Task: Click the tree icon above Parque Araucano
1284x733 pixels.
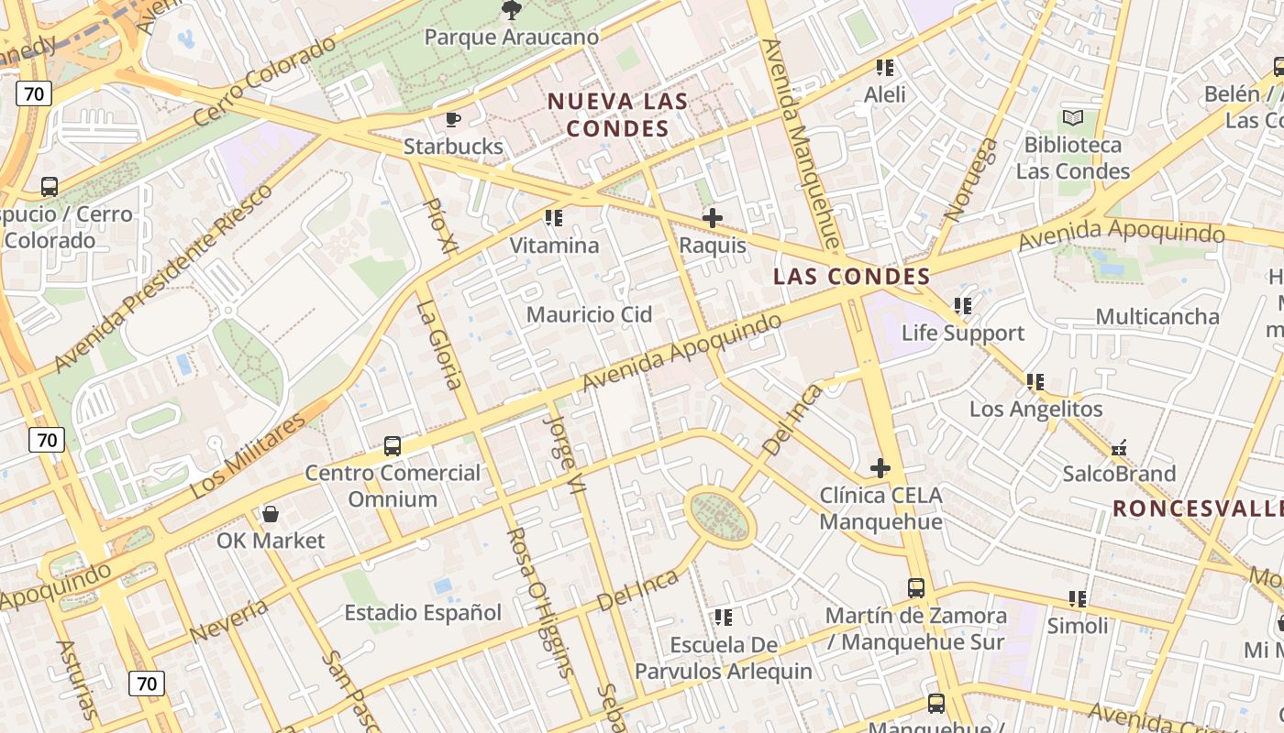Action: pyautogui.click(x=511, y=10)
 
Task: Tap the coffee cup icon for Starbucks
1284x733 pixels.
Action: pyautogui.click(x=452, y=119)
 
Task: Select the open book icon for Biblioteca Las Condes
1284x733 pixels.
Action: pyautogui.click(x=1072, y=117)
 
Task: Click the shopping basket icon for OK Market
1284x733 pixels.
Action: pyautogui.click(x=271, y=513)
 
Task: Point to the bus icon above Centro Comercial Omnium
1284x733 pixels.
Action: pyautogui.click(x=393, y=446)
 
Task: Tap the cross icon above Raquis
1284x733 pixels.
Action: pyautogui.click(x=712, y=218)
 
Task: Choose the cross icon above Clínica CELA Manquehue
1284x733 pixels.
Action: pyautogui.click(x=880, y=468)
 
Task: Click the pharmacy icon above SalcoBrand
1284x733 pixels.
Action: pyautogui.click(x=1119, y=448)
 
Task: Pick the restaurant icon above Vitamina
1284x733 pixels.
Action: pyautogui.click(x=553, y=218)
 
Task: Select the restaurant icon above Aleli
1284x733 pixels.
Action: pyautogui.click(x=885, y=67)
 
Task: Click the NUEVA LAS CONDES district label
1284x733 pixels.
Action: pyautogui.click(x=617, y=115)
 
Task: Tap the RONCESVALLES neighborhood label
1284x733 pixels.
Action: pyautogui.click(x=1197, y=509)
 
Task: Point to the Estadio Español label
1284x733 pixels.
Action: pyautogui.click(x=423, y=612)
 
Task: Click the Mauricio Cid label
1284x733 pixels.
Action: pyautogui.click(x=589, y=314)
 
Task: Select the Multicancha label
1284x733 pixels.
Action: pyautogui.click(x=1157, y=316)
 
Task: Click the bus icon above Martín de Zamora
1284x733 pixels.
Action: pyautogui.click(x=915, y=588)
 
